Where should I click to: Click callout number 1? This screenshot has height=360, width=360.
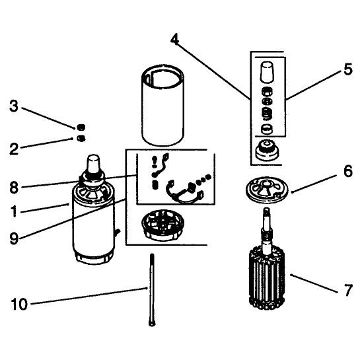pyautogui.click(x=14, y=211)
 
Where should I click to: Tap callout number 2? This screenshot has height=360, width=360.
pyautogui.click(x=14, y=149)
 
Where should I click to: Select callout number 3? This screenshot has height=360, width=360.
pyautogui.click(x=14, y=106)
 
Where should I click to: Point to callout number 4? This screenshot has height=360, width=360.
pyautogui.click(x=174, y=39)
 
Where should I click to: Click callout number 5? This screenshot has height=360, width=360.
pyautogui.click(x=348, y=69)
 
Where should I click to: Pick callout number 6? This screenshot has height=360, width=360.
pyautogui.click(x=348, y=171)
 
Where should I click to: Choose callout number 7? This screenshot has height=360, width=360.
pyautogui.click(x=349, y=290)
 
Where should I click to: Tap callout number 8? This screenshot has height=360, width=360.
pyautogui.click(x=14, y=188)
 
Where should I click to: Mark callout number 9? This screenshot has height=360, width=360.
pyautogui.click(x=14, y=238)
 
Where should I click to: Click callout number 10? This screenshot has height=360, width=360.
pyautogui.click(x=19, y=304)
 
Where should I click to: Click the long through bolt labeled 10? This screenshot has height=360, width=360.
pyautogui.click(x=152, y=289)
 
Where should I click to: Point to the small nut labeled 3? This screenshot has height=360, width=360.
pyautogui.click(x=81, y=127)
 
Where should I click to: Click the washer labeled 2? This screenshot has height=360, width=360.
pyautogui.click(x=81, y=139)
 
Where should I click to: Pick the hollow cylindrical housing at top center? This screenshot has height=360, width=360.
pyautogui.click(x=162, y=105)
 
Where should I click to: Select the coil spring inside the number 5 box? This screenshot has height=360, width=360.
pyautogui.click(x=267, y=114)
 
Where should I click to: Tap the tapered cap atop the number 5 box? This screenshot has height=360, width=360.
pyautogui.click(x=267, y=72)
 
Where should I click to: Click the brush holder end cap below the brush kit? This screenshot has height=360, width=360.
pyautogui.click(x=163, y=225)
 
